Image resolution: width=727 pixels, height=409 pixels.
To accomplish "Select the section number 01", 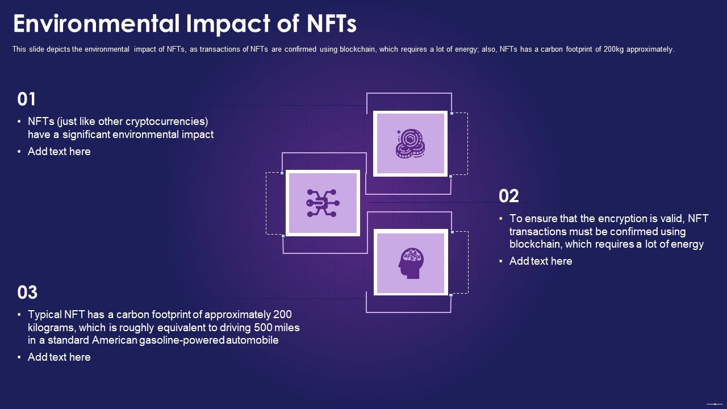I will [27, 99].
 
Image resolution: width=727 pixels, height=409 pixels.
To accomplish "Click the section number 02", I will [509, 196].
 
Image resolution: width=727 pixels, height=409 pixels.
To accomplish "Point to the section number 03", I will [27, 293].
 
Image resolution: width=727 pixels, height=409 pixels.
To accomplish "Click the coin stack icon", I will [410, 144].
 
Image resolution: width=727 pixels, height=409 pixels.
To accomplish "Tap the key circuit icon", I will [323, 203].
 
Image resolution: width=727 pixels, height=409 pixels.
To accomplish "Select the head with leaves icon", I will [411, 263].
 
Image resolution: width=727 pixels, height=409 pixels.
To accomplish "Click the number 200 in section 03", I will [282, 314].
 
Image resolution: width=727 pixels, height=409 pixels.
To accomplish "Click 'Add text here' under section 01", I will [59, 152].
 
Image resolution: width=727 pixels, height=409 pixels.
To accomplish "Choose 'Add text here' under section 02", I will [541, 261].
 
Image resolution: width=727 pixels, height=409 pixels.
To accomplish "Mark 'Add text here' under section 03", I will [59, 357].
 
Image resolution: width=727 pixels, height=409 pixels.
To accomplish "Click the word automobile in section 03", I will [252, 340].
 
